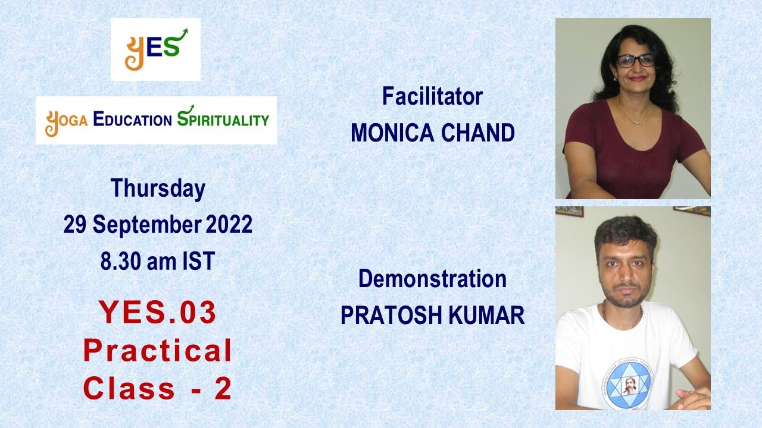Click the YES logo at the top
(x=155, y=49)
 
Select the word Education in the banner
(x=132, y=119)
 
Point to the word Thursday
(x=158, y=188)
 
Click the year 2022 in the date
(x=229, y=225)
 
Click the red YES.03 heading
(x=158, y=313)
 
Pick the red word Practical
(x=158, y=351)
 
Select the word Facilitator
(x=432, y=96)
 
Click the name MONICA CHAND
(x=432, y=133)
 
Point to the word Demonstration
(x=432, y=279)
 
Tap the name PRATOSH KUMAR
(x=432, y=316)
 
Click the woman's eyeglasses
(x=635, y=60)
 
